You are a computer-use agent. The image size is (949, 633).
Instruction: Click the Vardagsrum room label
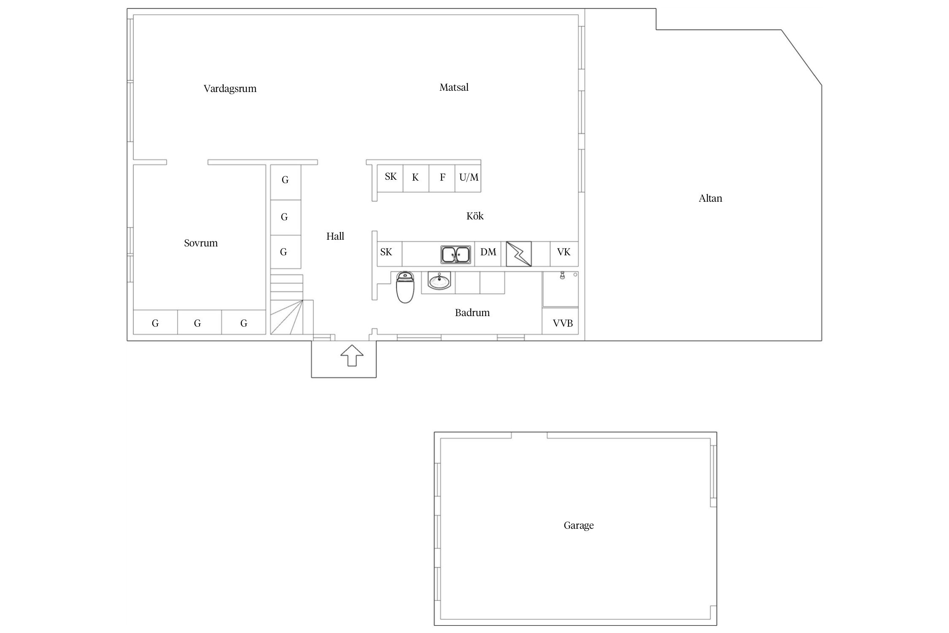(x=230, y=89)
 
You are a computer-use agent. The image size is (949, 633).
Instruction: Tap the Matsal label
(x=454, y=87)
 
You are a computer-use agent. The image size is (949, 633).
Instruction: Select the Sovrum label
(x=201, y=243)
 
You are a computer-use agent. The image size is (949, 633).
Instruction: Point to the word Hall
(x=335, y=236)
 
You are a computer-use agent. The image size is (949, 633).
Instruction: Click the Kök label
(x=475, y=216)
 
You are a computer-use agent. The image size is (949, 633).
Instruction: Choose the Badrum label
(x=472, y=313)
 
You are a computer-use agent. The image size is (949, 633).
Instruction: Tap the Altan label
(x=710, y=198)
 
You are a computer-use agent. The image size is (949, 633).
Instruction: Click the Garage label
(x=579, y=525)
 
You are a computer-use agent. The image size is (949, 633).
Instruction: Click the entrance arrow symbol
(x=352, y=355)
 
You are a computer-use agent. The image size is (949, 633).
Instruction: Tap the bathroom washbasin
(x=439, y=281)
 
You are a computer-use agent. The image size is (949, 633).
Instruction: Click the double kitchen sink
(x=456, y=254)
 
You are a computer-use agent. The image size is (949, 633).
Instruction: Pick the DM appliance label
(x=488, y=252)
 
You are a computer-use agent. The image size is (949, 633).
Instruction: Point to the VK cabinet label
(x=563, y=252)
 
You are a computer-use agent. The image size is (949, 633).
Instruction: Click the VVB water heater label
(x=563, y=323)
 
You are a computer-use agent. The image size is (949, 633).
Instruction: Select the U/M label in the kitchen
(x=469, y=177)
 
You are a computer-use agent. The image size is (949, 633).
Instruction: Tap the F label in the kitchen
(x=442, y=177)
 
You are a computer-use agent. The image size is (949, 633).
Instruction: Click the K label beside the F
(x=415, y=177)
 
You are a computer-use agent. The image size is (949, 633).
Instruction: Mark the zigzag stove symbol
(x=519, y=254)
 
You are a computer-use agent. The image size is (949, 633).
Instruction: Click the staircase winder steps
(x=287, y=317)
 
